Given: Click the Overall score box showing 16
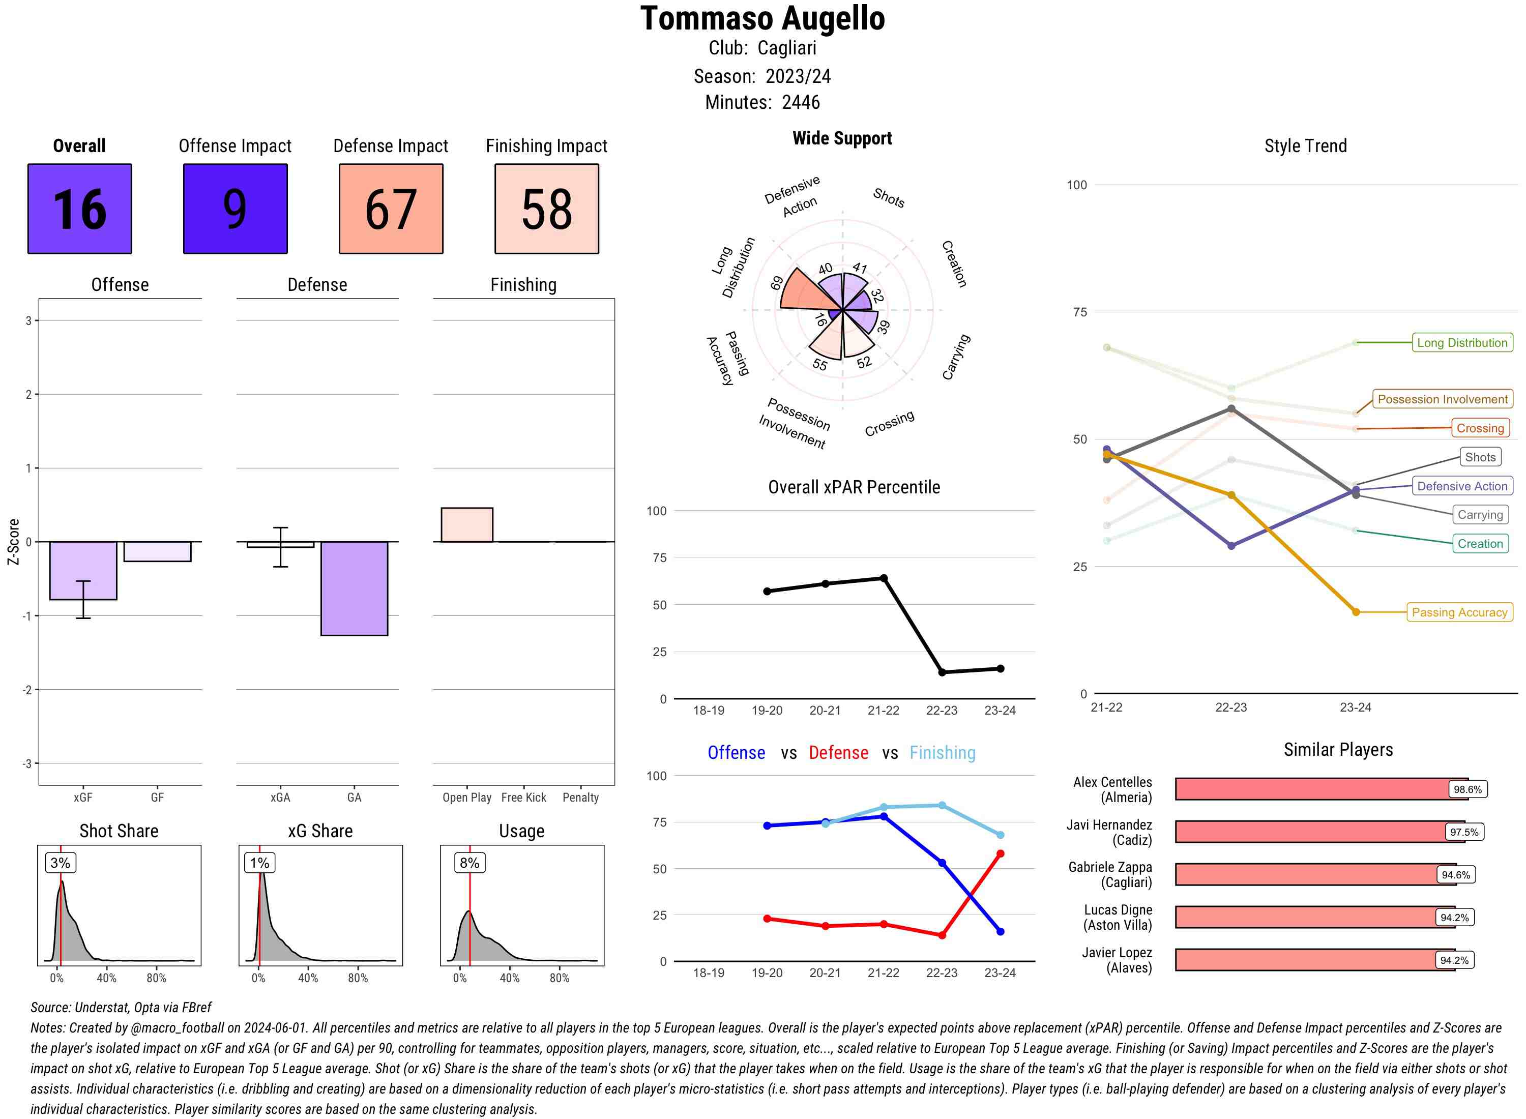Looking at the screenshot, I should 79,209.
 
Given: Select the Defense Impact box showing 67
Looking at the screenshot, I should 391,209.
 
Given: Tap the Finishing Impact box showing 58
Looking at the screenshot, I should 547,209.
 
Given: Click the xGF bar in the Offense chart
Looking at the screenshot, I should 83,570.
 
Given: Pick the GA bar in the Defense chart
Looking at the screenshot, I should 354,588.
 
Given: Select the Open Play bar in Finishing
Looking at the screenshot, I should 466,525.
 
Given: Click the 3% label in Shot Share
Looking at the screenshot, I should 61,862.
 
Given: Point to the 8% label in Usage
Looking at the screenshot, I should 469,862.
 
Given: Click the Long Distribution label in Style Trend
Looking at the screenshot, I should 1462,343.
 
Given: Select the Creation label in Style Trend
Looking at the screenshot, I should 1480,543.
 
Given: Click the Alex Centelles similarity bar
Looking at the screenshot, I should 1321,789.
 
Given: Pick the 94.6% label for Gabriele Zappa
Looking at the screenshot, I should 1456,874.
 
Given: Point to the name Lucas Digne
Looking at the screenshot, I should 1118,909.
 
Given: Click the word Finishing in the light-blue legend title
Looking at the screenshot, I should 942,753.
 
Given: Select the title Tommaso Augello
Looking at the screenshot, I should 762,19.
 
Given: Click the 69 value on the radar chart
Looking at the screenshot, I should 777,283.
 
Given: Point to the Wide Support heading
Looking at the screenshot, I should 842,138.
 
